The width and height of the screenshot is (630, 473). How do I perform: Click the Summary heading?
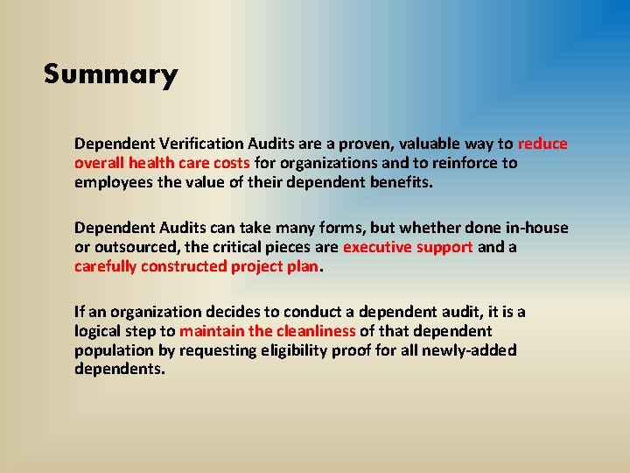[110, 74]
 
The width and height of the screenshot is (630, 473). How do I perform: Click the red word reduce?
[542, 144]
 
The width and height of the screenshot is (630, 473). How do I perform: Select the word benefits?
[400, 182]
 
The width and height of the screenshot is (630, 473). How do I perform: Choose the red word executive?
[375, 247]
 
